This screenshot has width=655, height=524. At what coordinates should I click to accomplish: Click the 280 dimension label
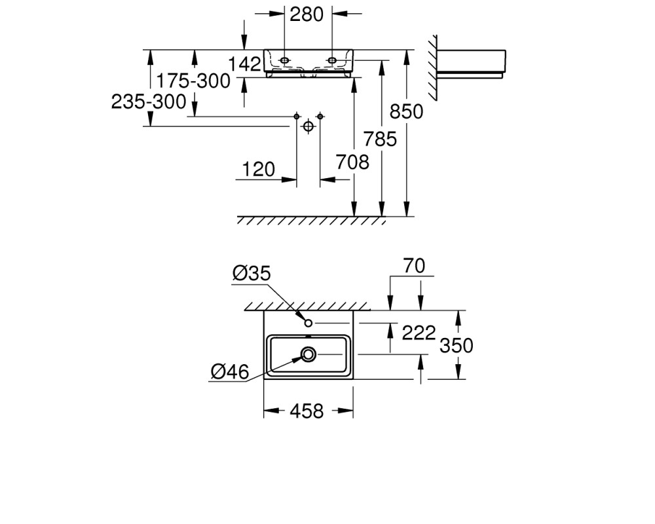306,14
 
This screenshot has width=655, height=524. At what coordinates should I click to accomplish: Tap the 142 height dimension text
245,64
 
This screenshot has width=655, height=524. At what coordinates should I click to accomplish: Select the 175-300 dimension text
193,81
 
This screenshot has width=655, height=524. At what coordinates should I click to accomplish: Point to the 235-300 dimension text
149,102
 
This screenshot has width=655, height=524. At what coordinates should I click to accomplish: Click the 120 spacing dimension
259,170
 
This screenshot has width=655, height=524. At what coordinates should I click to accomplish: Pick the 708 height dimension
352,162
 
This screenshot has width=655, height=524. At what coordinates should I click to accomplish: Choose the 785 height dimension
380,139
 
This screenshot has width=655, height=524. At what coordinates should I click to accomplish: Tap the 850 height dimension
407,111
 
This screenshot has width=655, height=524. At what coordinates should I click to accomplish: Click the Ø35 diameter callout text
252,273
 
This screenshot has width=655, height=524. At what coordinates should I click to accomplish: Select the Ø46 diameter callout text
230,371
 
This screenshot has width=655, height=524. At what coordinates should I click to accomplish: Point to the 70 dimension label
414,266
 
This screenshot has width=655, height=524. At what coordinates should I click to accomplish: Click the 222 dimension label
419,333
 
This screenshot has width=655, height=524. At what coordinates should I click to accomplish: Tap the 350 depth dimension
456,346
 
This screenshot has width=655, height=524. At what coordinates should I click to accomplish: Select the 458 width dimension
307,411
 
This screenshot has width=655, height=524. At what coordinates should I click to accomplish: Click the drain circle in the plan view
309,355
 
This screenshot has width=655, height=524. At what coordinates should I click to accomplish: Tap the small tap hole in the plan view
309,323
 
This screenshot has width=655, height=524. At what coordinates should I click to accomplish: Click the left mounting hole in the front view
284,61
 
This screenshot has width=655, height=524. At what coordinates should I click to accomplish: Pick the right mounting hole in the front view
332,61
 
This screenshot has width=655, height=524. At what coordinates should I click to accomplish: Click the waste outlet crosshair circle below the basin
309,126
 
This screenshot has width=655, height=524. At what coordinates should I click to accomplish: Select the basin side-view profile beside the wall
471,64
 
